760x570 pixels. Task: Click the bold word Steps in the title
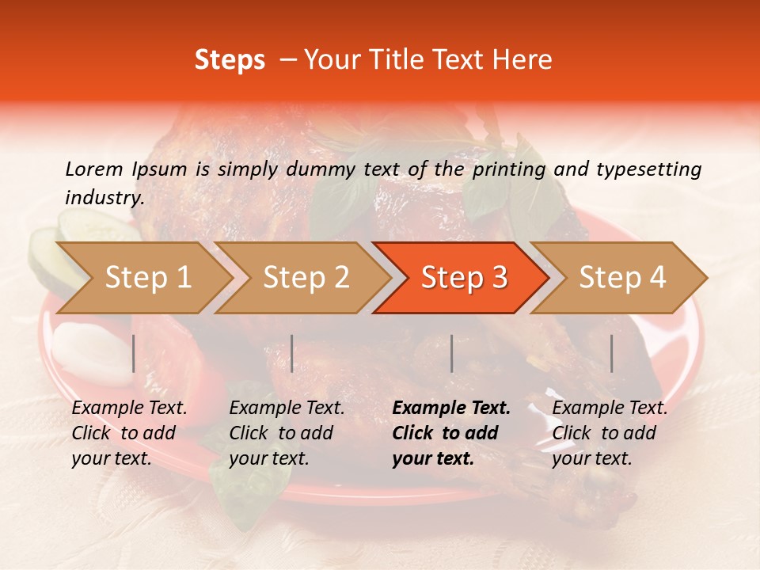click(230, 60)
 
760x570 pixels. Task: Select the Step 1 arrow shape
click(142, 278)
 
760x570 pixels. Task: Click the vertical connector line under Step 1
click(133, 353)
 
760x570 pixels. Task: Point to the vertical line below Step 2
click(292, 353)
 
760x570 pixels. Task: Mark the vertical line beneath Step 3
click(452, 353)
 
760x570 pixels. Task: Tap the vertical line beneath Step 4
click(612, 353)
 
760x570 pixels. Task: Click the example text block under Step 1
click(129, 433)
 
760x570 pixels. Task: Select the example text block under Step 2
click(287, 433)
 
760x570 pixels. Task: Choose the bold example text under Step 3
click(451, 433)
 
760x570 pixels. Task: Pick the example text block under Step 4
click(610, 433)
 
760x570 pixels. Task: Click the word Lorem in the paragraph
click(94, 169)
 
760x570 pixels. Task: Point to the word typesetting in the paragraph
click(648, 169)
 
